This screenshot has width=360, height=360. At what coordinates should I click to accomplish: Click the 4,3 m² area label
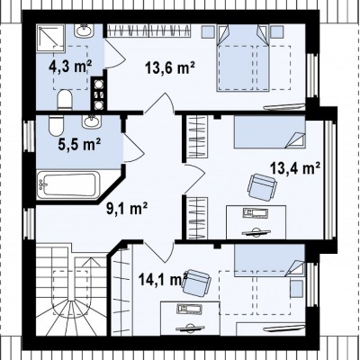pos(70,66)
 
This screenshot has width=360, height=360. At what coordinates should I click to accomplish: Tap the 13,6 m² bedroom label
pos(170,67)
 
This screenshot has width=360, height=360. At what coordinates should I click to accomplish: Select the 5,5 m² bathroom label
pos(79,145)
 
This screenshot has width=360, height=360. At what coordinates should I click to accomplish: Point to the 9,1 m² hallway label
pos(127,208)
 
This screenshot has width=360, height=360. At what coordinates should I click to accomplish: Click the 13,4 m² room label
pos(295,168)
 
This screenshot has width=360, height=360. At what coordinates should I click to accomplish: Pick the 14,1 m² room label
pos(163,279)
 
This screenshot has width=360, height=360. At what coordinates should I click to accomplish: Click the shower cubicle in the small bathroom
pos(50,39)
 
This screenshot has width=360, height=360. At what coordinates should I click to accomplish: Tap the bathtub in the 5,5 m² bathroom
pos(67,184)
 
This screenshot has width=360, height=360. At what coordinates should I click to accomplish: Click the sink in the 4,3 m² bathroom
pos(84,31)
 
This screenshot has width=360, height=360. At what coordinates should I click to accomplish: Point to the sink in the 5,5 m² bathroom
pos(92,121)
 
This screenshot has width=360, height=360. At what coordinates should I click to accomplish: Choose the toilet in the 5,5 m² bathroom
pos(56,125)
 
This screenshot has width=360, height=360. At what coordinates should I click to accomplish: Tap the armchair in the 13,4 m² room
pos(262,187)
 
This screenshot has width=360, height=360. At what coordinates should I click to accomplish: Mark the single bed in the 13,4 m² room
pos(269,132)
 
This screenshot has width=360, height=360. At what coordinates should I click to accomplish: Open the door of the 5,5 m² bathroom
pos(133,147)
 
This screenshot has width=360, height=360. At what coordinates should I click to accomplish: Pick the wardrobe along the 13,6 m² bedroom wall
pos(149,31)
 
